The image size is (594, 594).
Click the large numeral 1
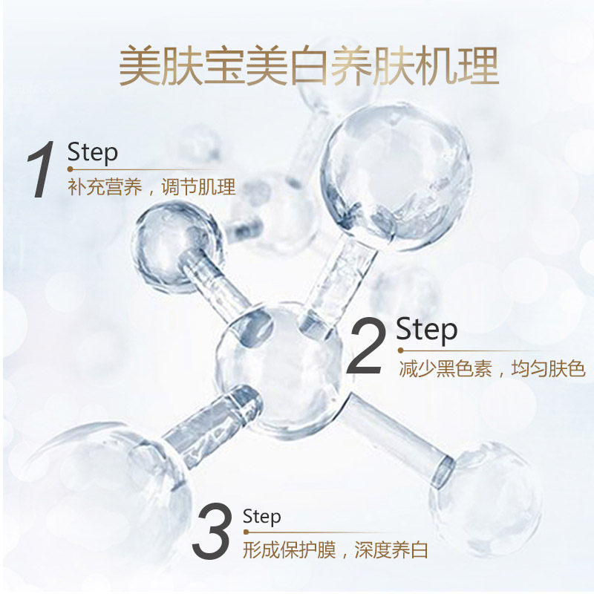[x=41, y=172]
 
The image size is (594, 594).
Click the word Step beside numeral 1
[x=93, y=152]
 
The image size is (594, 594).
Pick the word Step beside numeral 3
[x=261, y=516]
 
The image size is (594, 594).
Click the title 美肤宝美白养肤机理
[x=308, y=68]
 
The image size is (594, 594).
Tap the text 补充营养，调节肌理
[x=151, y=187]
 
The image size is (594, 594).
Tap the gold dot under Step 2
[x=400, y=350]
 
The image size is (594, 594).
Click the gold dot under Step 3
[x=246, y=532]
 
